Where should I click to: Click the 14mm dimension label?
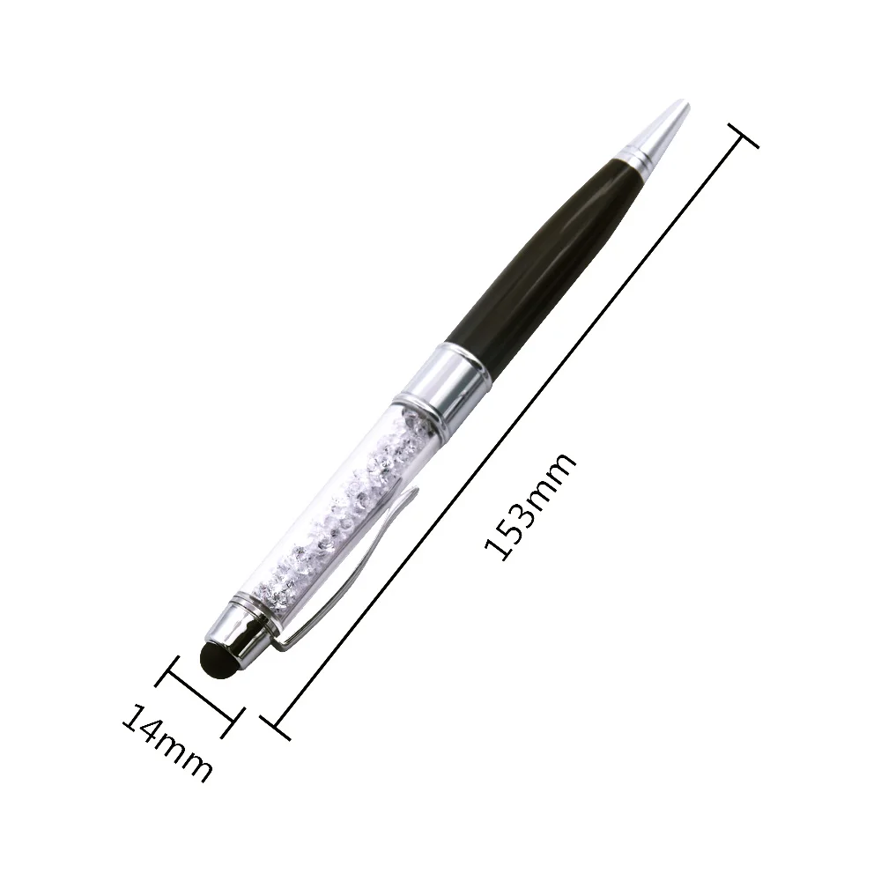tap(167, 742)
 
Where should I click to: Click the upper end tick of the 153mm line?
tap(744, 136)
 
